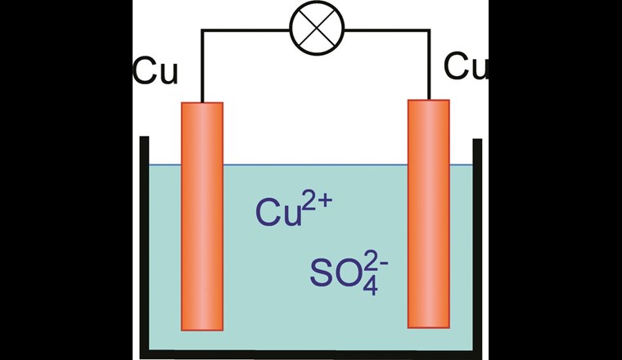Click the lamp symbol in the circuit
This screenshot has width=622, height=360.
pyautogui.click(x=319, y=31)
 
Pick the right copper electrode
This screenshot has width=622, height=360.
pyautogui.click(x=428, y=213)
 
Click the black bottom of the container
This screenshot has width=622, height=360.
pyautogui.click(x=311, y=353)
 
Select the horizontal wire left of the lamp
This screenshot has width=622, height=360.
pyautogui.click(x=246, y=31)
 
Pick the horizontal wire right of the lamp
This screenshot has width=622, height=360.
pyautogui.click(x=388, y=31)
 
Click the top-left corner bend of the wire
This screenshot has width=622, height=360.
pyautogui.click(x=201, y=31)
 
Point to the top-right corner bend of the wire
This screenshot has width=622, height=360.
pyautogui.click(x=429, y=31)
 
